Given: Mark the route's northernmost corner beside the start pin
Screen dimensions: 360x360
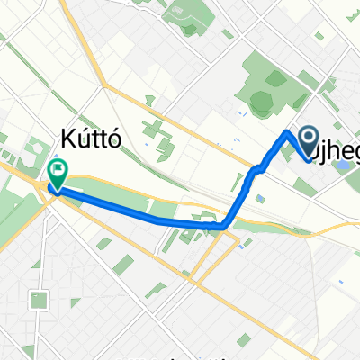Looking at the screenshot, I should pos(288,132).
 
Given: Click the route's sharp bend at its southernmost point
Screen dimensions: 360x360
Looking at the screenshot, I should pos(221,226).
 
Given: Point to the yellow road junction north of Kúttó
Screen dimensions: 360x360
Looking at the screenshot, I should pos(105,86).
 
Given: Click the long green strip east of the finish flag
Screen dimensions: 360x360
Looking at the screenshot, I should pos(108,184).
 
